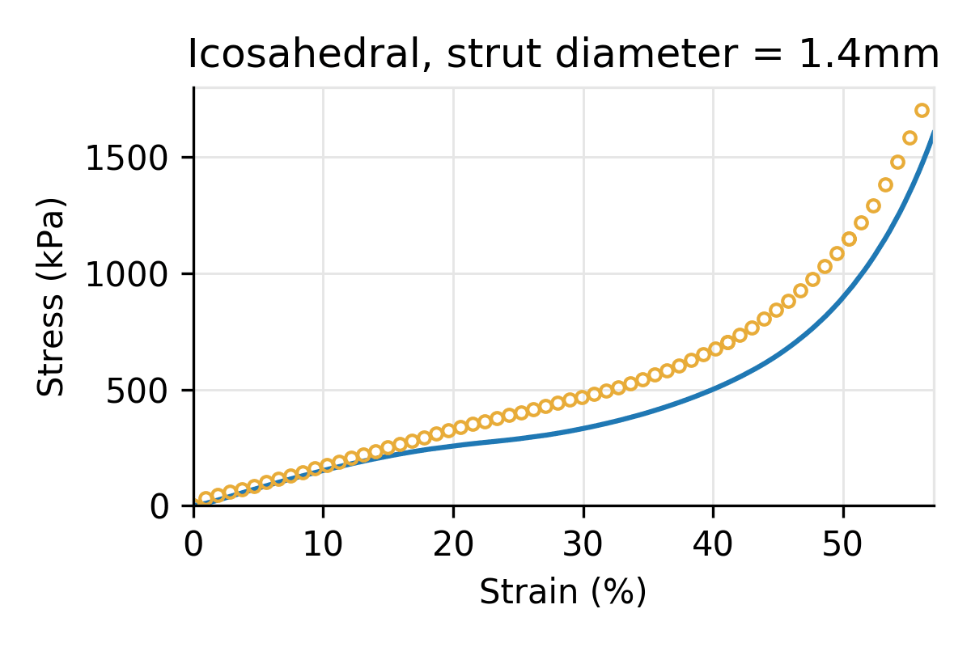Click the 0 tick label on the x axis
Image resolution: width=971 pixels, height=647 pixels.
point(193,544)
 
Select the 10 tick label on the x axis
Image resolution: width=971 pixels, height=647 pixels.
point(323,544)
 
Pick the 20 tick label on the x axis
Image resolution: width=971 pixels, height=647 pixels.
point(453,544)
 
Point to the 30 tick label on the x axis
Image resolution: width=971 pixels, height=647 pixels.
point(583,544)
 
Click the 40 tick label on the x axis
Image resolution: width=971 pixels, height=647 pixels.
point(713,544)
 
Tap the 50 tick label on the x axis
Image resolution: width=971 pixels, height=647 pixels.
point(843,544)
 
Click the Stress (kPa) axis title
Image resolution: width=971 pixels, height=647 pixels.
point(53,297)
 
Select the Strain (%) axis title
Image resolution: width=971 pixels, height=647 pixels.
point(563,593)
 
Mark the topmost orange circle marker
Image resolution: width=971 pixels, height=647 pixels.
point(922,111)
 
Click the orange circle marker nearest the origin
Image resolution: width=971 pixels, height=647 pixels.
point(206,499)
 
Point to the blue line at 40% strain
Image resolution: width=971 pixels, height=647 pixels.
point(713,390)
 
